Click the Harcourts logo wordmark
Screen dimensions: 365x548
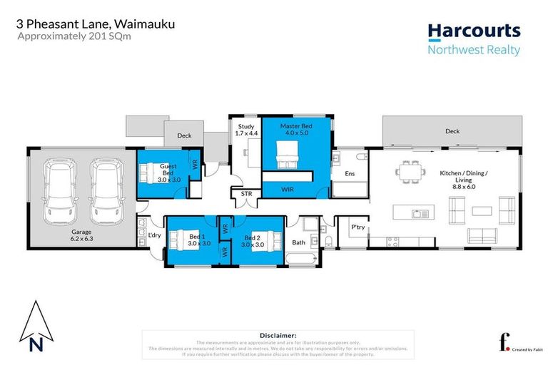pyautogui.click(x=474, y=31)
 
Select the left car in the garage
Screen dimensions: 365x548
pyautogui.click(x=60, y=190)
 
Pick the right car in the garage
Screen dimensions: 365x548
pyautogui.click(x=105, y=190)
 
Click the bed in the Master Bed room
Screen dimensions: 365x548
pyautogui.click(x=288, y=154)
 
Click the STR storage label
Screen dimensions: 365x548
pyautogui.click(x=247, y=192)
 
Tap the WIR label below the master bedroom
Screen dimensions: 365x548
pyautogui.click(x=289, y=190)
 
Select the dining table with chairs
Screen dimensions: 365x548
pyautogui.click(x=410, y=172)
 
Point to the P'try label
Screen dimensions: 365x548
pyautogui.click(x=358, y=227)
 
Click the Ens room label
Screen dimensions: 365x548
pyautogui.click(x=350, y=173)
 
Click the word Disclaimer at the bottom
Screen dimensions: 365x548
pyautogui.click(x=274, y=334)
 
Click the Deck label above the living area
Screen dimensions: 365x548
pyautogui.click(x=452, y=131)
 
